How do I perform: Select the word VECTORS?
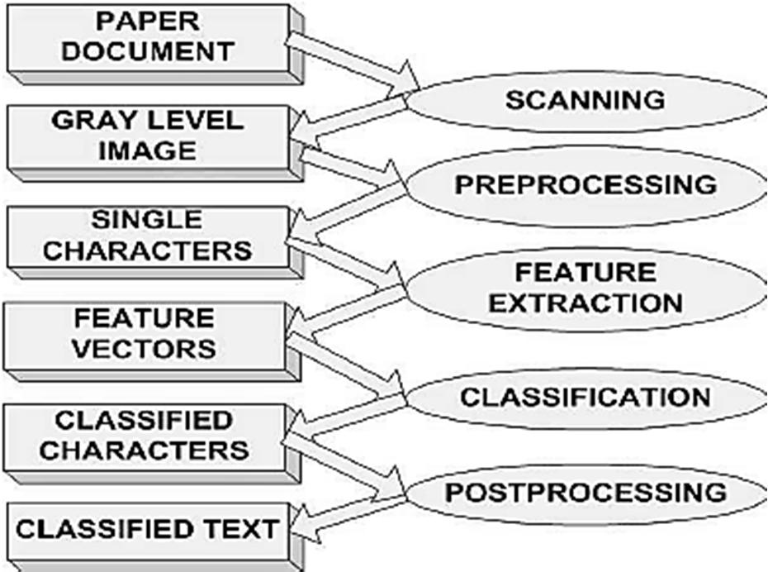click(x=145, y=347)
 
